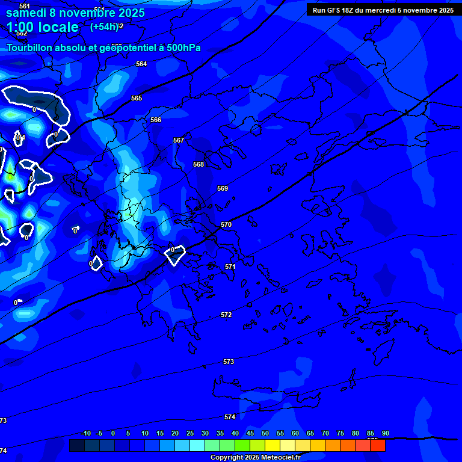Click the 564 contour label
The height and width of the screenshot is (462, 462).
(141, 64)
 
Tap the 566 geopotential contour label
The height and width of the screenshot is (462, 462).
(156, 120)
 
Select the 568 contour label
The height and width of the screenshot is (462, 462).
(199, 164)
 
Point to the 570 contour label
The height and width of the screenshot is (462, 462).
(226, 224)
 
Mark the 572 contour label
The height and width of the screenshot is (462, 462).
(226, 315)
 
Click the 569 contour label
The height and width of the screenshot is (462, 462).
(223, 188)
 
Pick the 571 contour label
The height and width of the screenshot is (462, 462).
(230, 266)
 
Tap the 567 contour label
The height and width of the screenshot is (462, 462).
(179, 140)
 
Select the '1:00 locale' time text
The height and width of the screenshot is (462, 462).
(43, 27)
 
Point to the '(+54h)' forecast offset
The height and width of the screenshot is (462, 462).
(104, 26)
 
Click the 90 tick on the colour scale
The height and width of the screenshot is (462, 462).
(385, 433)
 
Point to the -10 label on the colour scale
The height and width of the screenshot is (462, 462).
(86, 433)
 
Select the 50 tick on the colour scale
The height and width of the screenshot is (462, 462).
(265, 433)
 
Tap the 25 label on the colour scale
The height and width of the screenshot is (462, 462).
(190, 433)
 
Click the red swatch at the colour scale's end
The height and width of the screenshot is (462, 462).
(377, 445)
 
